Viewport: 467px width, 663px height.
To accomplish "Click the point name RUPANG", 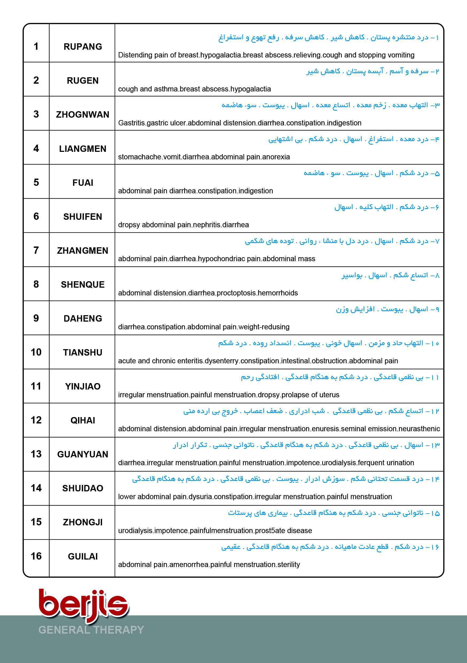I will point(83,47).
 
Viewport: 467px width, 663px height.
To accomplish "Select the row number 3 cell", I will point(36,114).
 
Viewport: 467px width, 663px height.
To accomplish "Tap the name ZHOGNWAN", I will point(83,115).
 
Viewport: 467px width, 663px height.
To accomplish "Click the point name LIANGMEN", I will point(83,149).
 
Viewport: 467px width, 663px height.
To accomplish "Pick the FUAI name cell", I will point(83,183).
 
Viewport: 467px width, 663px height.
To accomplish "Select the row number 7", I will point(36,250).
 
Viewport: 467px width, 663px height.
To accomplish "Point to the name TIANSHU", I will point(83,352).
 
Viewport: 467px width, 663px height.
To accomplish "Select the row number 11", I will point(36,386).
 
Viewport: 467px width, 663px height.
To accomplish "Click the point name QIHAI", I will point(83,420).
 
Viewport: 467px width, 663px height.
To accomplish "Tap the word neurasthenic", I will point(419,429).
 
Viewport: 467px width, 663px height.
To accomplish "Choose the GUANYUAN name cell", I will point(83,454).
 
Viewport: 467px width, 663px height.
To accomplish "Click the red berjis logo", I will point(84,605).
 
